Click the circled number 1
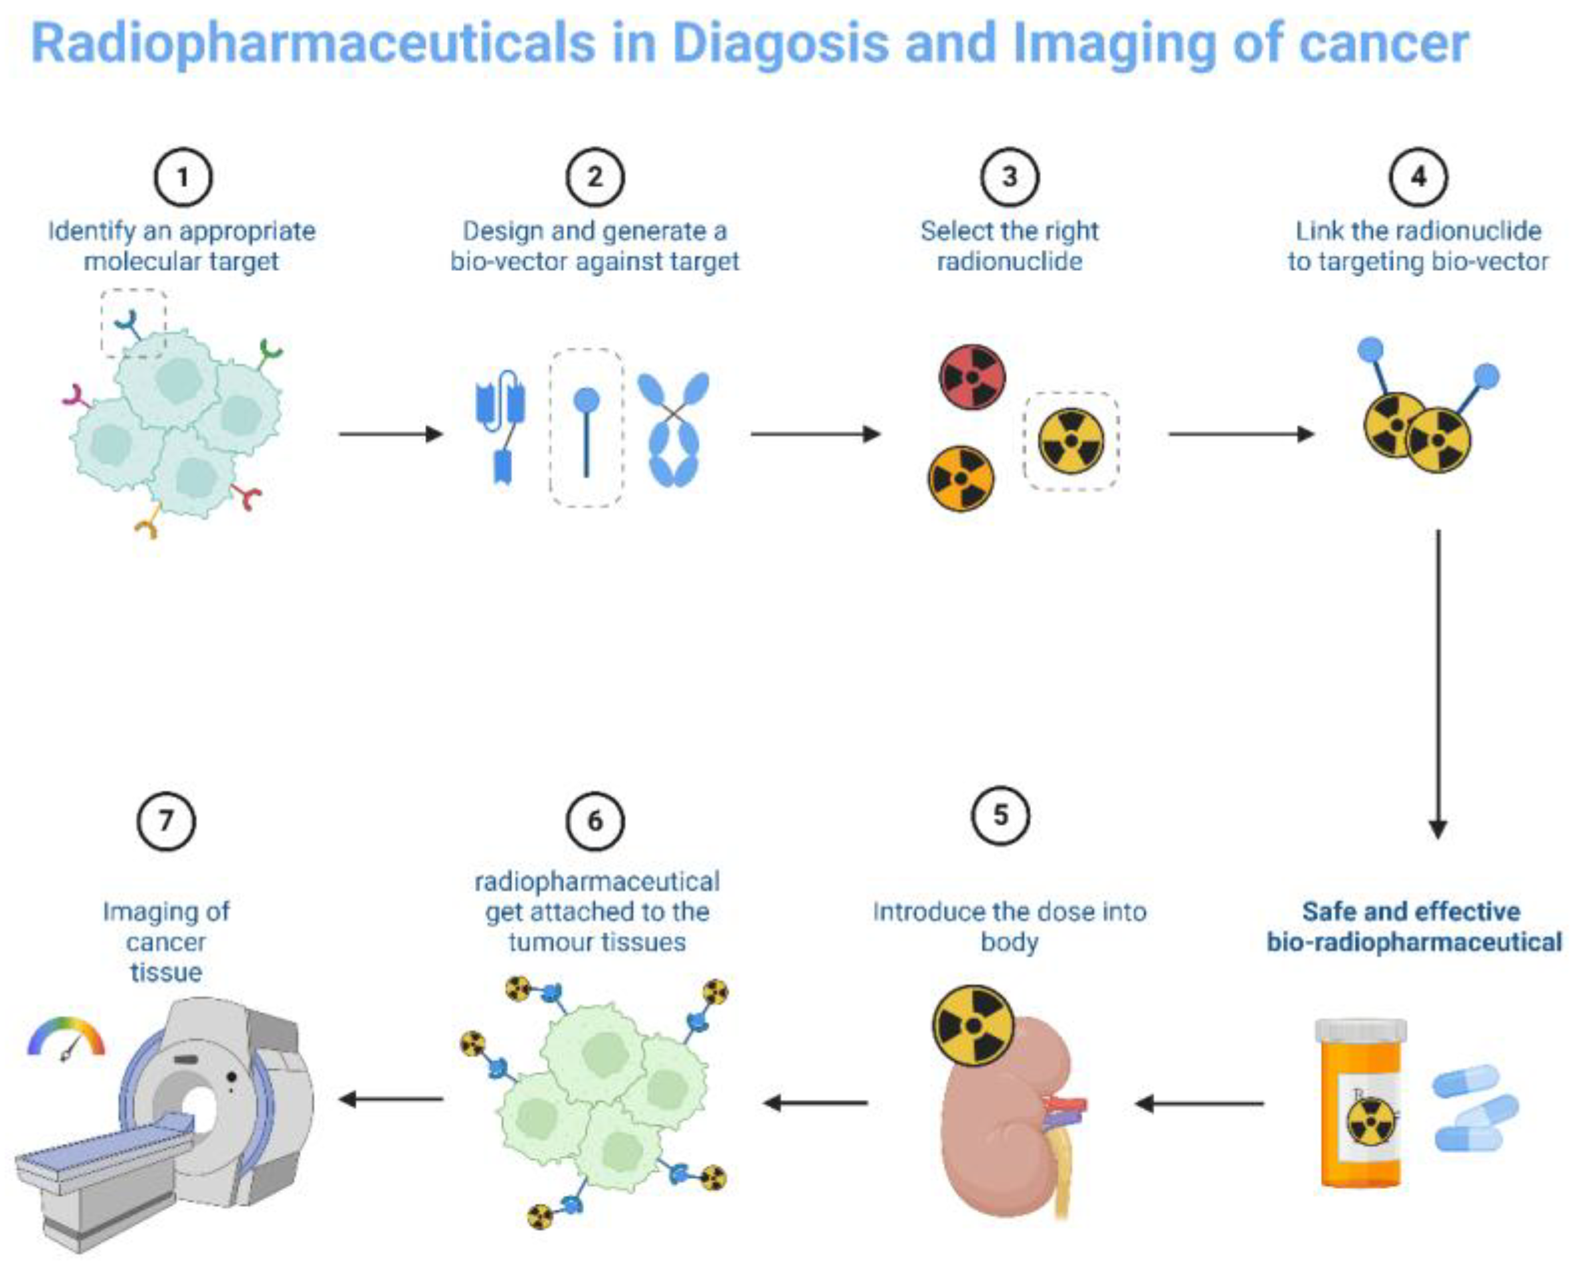point(182,177)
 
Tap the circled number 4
point(1418,177)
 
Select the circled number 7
point(166,820)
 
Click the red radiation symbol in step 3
point(972,377)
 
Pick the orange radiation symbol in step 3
point(961,478)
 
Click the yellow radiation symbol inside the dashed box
point(1071,441)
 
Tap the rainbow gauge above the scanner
point(66,1038)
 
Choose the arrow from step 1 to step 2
point(391,434)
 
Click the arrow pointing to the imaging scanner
point(391,1099)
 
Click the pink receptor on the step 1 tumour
point(74,396)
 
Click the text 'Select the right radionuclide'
point(1010,246)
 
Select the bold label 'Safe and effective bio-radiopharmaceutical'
point(1413,926)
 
